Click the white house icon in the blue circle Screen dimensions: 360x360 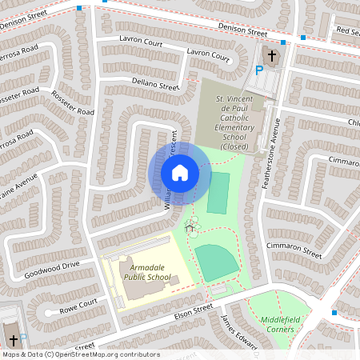pos(180,172)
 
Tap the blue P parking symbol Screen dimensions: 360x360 pos(258,70)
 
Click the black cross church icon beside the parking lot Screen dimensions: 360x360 pos(272,56)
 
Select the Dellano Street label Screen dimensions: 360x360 pos(156,84)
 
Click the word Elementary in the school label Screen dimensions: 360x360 pos(234,126)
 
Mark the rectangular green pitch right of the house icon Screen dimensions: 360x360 pos(218,192)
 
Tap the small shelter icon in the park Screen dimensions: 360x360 pos(190,228)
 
